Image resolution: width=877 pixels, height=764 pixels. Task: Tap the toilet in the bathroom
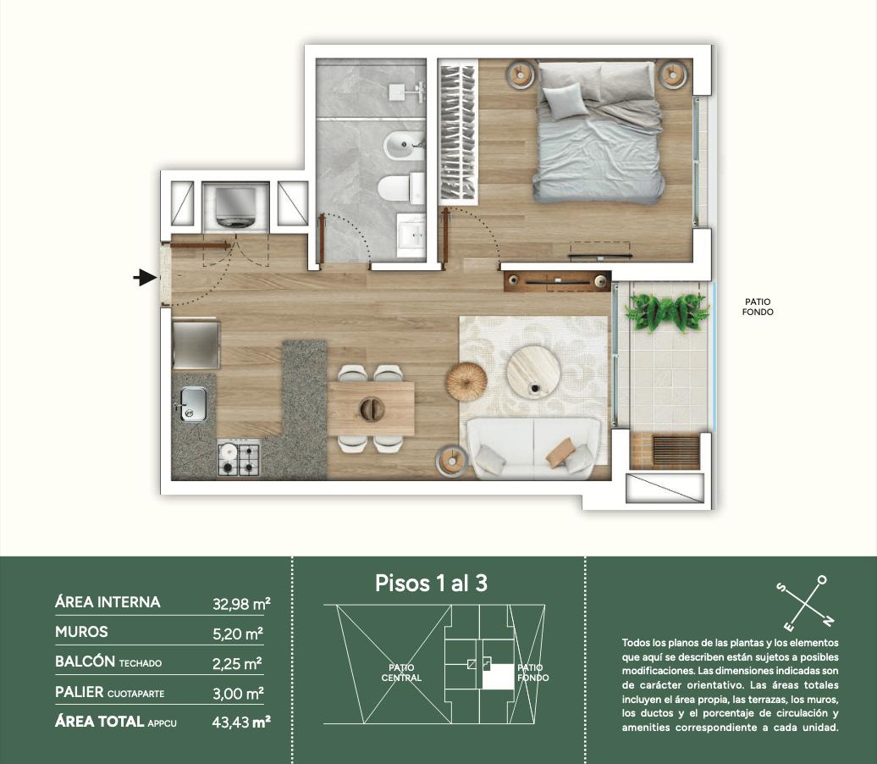401,187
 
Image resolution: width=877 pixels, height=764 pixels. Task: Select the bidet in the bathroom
405,146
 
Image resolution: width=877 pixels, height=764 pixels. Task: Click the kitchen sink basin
193,404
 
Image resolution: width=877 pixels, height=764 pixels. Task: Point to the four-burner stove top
239,458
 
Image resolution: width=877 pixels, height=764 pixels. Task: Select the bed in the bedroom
597,131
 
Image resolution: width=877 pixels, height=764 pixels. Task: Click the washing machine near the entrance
235,207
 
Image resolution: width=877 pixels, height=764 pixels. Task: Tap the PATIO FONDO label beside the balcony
758,307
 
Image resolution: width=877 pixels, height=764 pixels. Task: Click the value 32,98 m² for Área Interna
241,603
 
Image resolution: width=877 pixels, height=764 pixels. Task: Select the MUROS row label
81,632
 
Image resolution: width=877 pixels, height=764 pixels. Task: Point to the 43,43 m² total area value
241,722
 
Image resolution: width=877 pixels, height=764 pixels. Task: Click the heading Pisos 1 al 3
431,584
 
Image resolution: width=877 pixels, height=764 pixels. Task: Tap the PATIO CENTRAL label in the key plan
401,673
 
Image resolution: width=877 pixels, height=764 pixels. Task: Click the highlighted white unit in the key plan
498,676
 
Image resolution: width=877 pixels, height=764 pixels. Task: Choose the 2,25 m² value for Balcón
237,663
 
